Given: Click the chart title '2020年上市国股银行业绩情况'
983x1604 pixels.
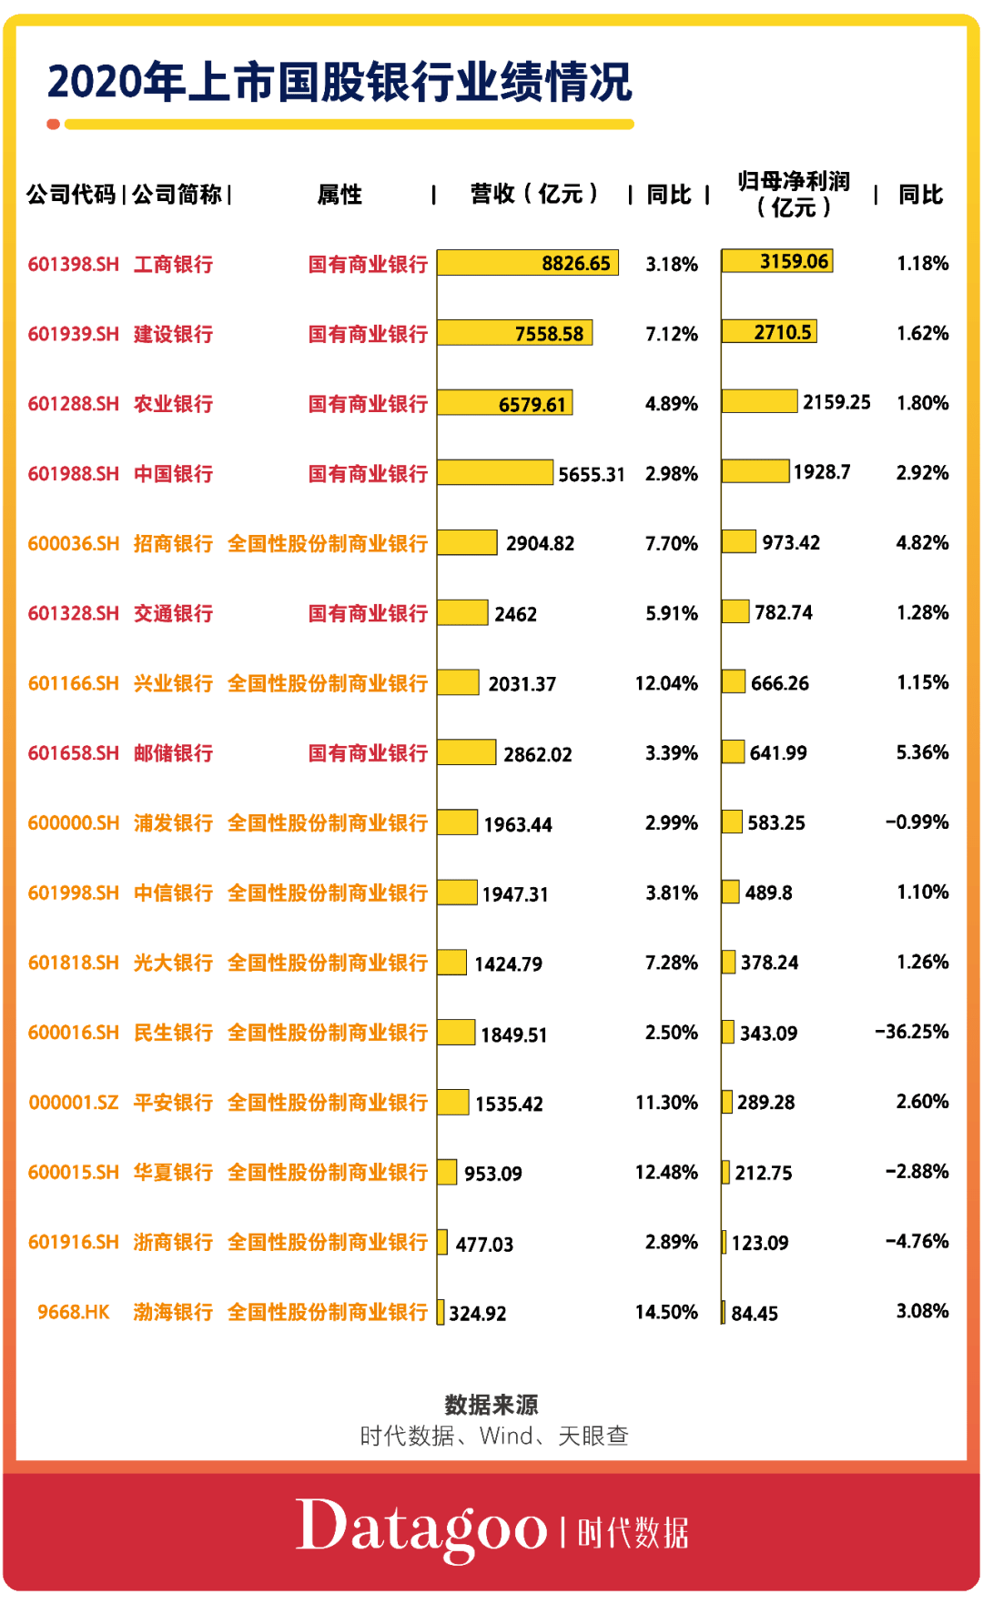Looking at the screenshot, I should pyautogui.click(x=339, y=82).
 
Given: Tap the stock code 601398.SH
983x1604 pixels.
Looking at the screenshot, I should pyautogui.click(x=73, y=265).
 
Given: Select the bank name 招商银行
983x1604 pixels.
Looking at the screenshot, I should pyautogui.click(x=173, y=544).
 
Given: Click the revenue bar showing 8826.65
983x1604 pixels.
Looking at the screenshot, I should pyautogui.click(x=528, y=263).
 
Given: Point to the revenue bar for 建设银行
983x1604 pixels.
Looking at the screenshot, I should pyautogui.click(x=514, y=333).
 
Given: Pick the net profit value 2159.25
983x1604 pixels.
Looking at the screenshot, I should pyautogui.click(x=836, y=402).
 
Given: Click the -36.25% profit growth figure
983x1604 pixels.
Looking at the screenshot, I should pyautogui.click(x=911, y=1032).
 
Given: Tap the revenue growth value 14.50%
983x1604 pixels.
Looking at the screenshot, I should pyautogui.click(x=666, y=1312).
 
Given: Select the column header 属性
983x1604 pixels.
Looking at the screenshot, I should pyautogui.click(x=339, y=195).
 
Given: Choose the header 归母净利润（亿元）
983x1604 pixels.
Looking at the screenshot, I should pyautogui.click(x=794, y=194).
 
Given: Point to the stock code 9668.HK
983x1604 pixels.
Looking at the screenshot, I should pyautogui.click(x=73, y=1312).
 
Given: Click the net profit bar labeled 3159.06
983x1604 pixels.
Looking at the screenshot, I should pyautogui.click(x=776, y=262).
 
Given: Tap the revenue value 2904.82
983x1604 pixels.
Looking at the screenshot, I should pyautogui.click(x=540, y=544).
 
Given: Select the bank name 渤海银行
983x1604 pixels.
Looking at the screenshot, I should pyautogui.click(x=173, y=1312).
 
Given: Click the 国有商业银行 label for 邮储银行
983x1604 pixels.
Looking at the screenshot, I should pyautogui.click(x=368, y=753).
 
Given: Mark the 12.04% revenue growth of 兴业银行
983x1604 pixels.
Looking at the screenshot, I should pyautogui.click(x=666, y=683).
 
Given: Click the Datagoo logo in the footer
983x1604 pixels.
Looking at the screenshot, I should pyautogui.click(x=421, y=1529).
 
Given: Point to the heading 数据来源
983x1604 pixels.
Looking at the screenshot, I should pyautogui.click(x=491, y=1405).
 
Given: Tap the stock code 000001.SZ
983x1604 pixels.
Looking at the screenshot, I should pyautogui.click(x=73, y=1103).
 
